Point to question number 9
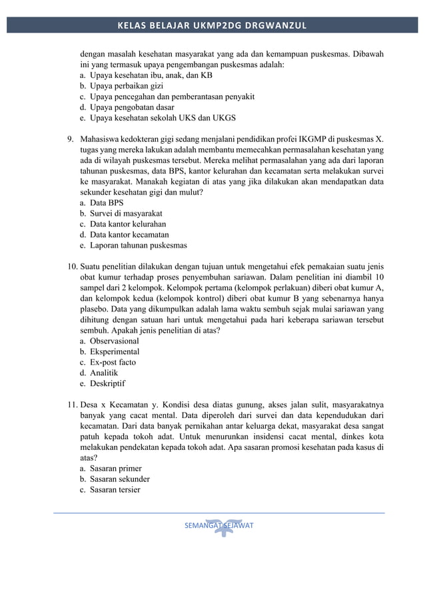(x=70, y=139)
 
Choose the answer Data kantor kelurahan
(x=128, y=224)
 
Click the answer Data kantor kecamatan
(x=129, y=234)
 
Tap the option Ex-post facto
(x=113, y=362)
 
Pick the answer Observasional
(x=114, y=341)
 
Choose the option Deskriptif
(x=107, y=383)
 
